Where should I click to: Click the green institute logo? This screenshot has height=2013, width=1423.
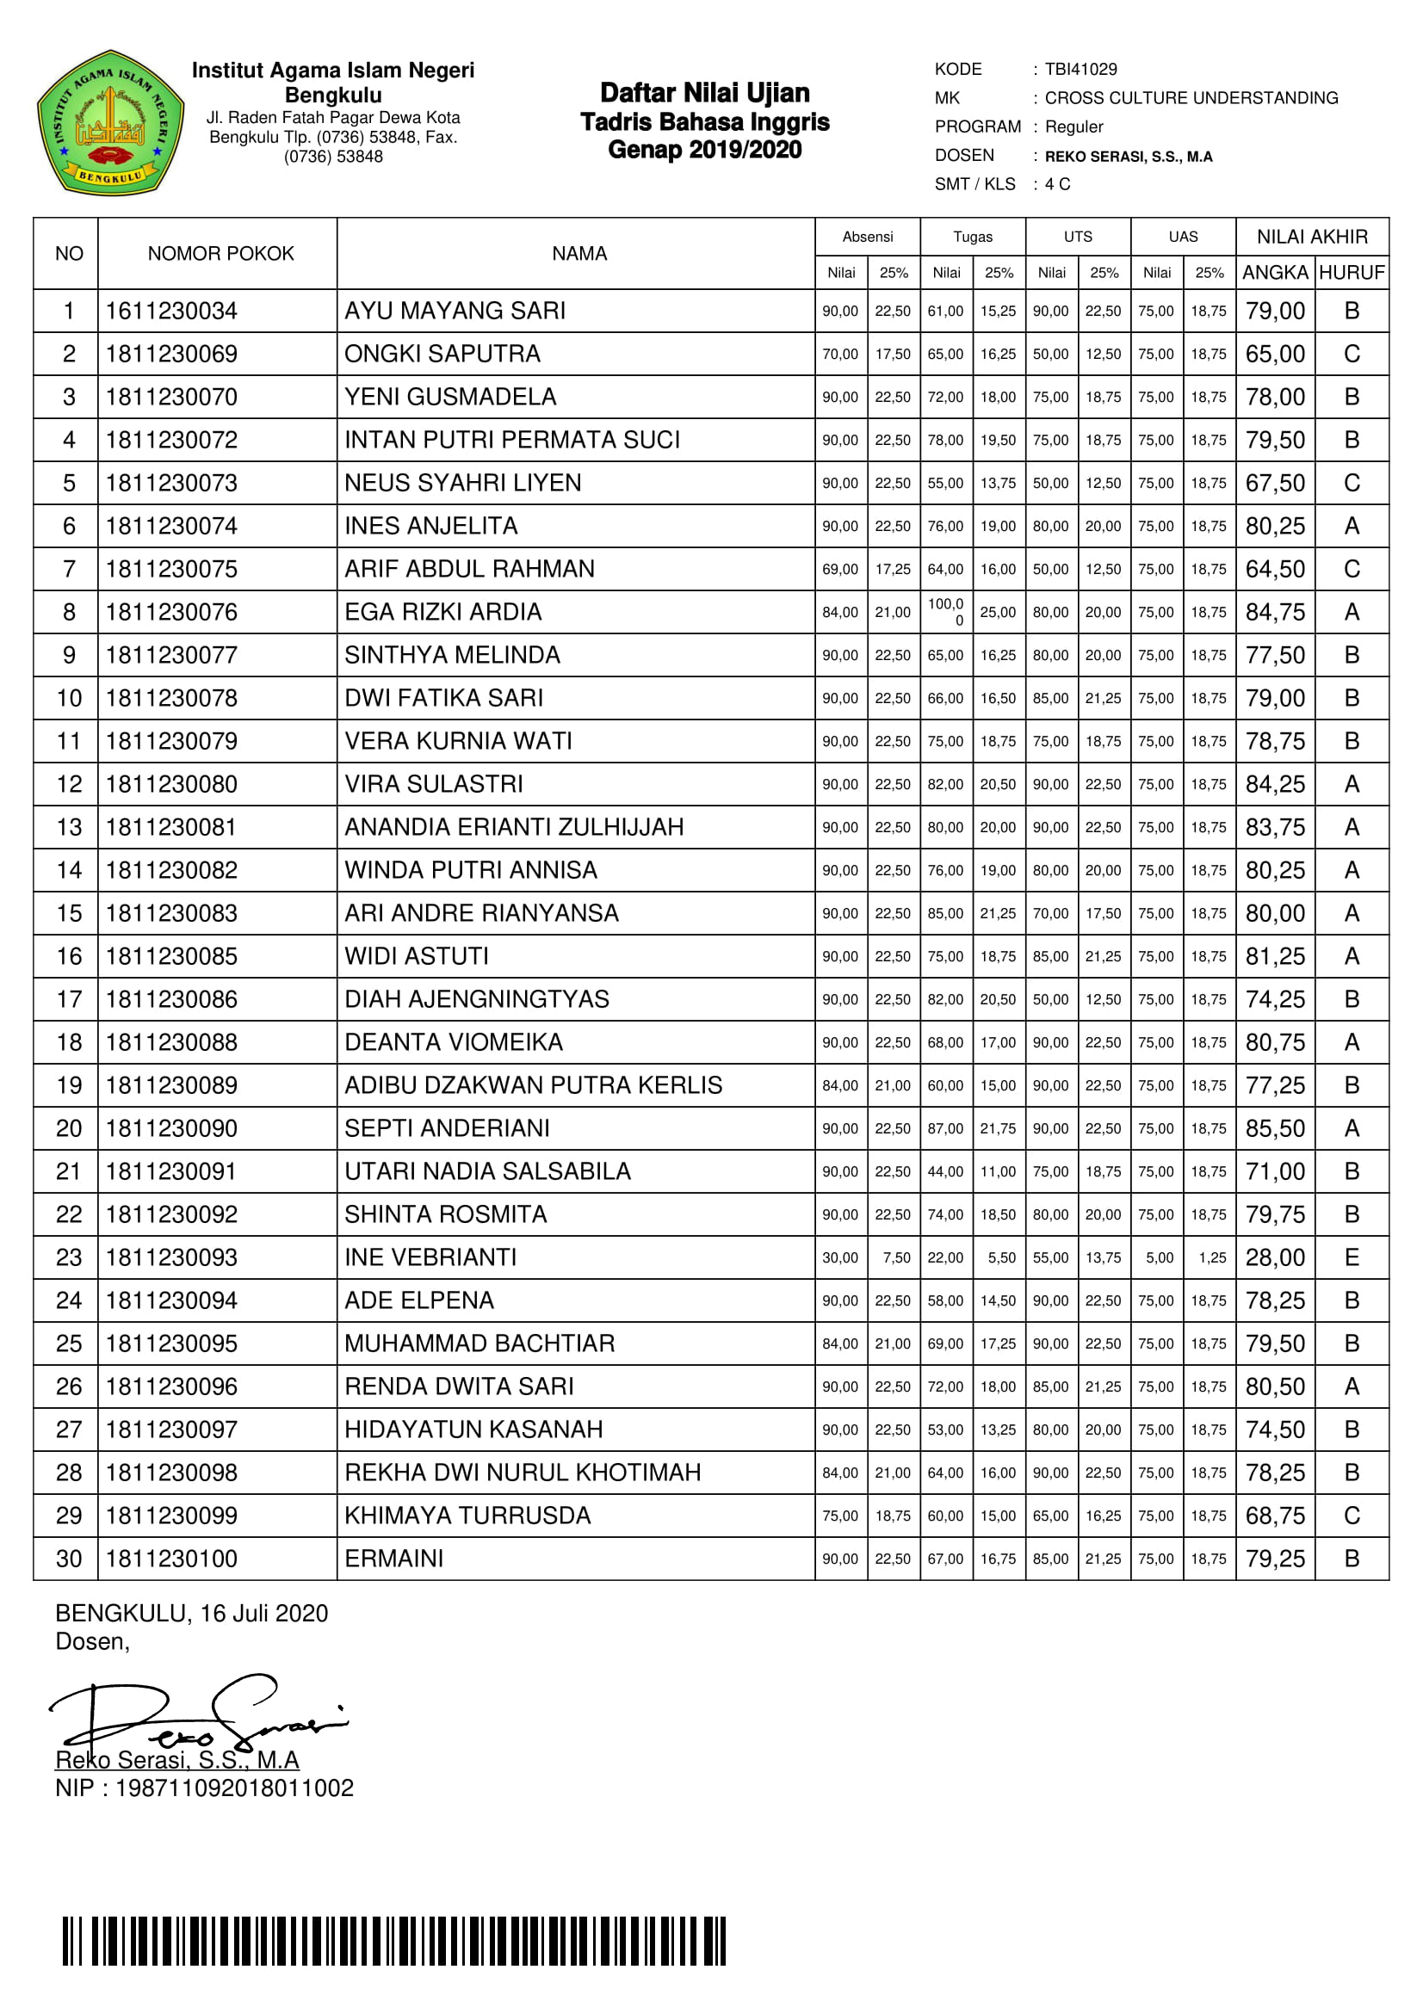[x=109, y=123]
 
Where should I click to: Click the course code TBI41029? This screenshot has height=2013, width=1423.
[x=1080, y=69]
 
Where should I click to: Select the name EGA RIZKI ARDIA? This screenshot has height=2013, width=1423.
[x=442, y=612]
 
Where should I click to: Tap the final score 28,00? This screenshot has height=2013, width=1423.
[x=1275, y=1257]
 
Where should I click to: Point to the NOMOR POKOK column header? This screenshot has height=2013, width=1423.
[x=220, y=253]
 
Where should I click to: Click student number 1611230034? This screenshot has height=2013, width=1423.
[x=172, y=311]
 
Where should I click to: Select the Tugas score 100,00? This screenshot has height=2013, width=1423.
[x=946, y=611]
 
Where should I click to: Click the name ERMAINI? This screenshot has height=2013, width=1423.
[x=393, y=1558]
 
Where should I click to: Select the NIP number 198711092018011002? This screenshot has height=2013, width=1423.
[x=234, y=1788]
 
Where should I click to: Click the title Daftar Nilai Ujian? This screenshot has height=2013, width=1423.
[x=704, y=93]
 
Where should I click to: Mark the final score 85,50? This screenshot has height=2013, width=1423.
[x=1275, y=1128]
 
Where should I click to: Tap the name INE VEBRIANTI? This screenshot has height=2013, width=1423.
[x=430, y=1257]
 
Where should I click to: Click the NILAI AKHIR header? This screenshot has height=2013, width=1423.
[x=1312, y=237]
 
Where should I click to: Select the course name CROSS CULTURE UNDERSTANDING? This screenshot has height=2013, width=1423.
[x=1191, y=98]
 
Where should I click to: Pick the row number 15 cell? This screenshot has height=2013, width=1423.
[x=68, y=914]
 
